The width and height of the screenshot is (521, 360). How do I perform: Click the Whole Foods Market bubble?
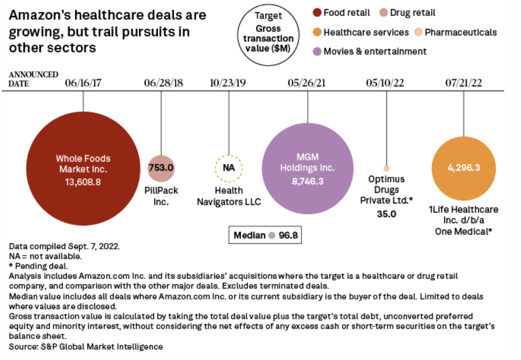(83, 167)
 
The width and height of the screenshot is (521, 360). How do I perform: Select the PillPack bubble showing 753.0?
(161, 168)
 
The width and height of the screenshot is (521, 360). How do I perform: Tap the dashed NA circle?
(229, 168)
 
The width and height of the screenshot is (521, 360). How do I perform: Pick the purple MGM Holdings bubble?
(307, 168)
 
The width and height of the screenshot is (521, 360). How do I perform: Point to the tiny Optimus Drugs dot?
(386, 169)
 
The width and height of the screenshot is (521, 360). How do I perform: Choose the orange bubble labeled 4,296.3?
(464, 168)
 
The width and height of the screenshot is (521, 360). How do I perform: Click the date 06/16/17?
(83, 83)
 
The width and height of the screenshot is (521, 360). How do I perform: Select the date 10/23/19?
(228, 83)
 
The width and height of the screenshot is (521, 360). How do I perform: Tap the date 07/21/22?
(464, 83)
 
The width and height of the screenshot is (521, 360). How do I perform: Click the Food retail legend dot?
(317, 13)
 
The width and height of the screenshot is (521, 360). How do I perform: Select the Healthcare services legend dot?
(317, 33)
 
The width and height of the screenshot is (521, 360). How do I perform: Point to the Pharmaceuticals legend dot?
(418, 33)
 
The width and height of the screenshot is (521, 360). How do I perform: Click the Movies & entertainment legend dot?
(317, 51)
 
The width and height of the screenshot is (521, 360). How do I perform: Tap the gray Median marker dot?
(272, 236)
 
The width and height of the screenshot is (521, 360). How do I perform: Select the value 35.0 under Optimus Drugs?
(386, 214)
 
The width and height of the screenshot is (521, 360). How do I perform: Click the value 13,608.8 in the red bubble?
(83, 182)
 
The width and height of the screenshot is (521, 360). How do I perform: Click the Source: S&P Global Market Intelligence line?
(86, 346)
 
